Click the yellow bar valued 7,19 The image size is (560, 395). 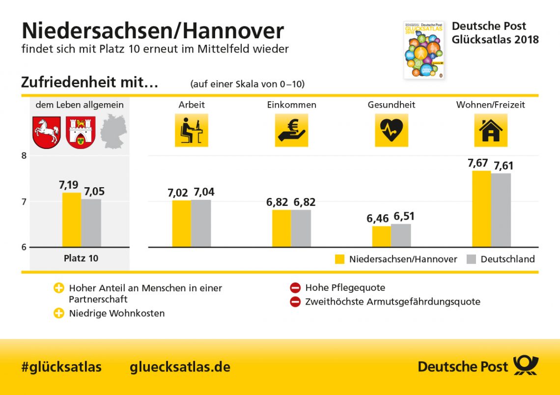pos(72,220)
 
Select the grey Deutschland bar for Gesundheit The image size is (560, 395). pos(401,235)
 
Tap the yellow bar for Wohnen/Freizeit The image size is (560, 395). pos(481,209)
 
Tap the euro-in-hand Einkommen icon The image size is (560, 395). pos(291,130)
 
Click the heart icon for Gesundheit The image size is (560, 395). pos(391,130)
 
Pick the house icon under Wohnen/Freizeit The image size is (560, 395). pos(490,130)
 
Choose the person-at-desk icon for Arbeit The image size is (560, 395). pos(192,130)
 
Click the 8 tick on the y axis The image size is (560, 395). pos(24,156)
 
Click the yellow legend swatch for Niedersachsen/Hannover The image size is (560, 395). pos(340,259)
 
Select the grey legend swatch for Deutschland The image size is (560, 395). pos(471,259)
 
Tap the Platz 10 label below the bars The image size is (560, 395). pos(81,258)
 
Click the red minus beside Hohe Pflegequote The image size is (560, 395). pos(295,288)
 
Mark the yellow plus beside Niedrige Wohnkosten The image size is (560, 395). pos(59,313)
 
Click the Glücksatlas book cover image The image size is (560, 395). pos(423,50)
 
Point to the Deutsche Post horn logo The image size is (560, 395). pos(526,366)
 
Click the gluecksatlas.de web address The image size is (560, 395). pos(180,367)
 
